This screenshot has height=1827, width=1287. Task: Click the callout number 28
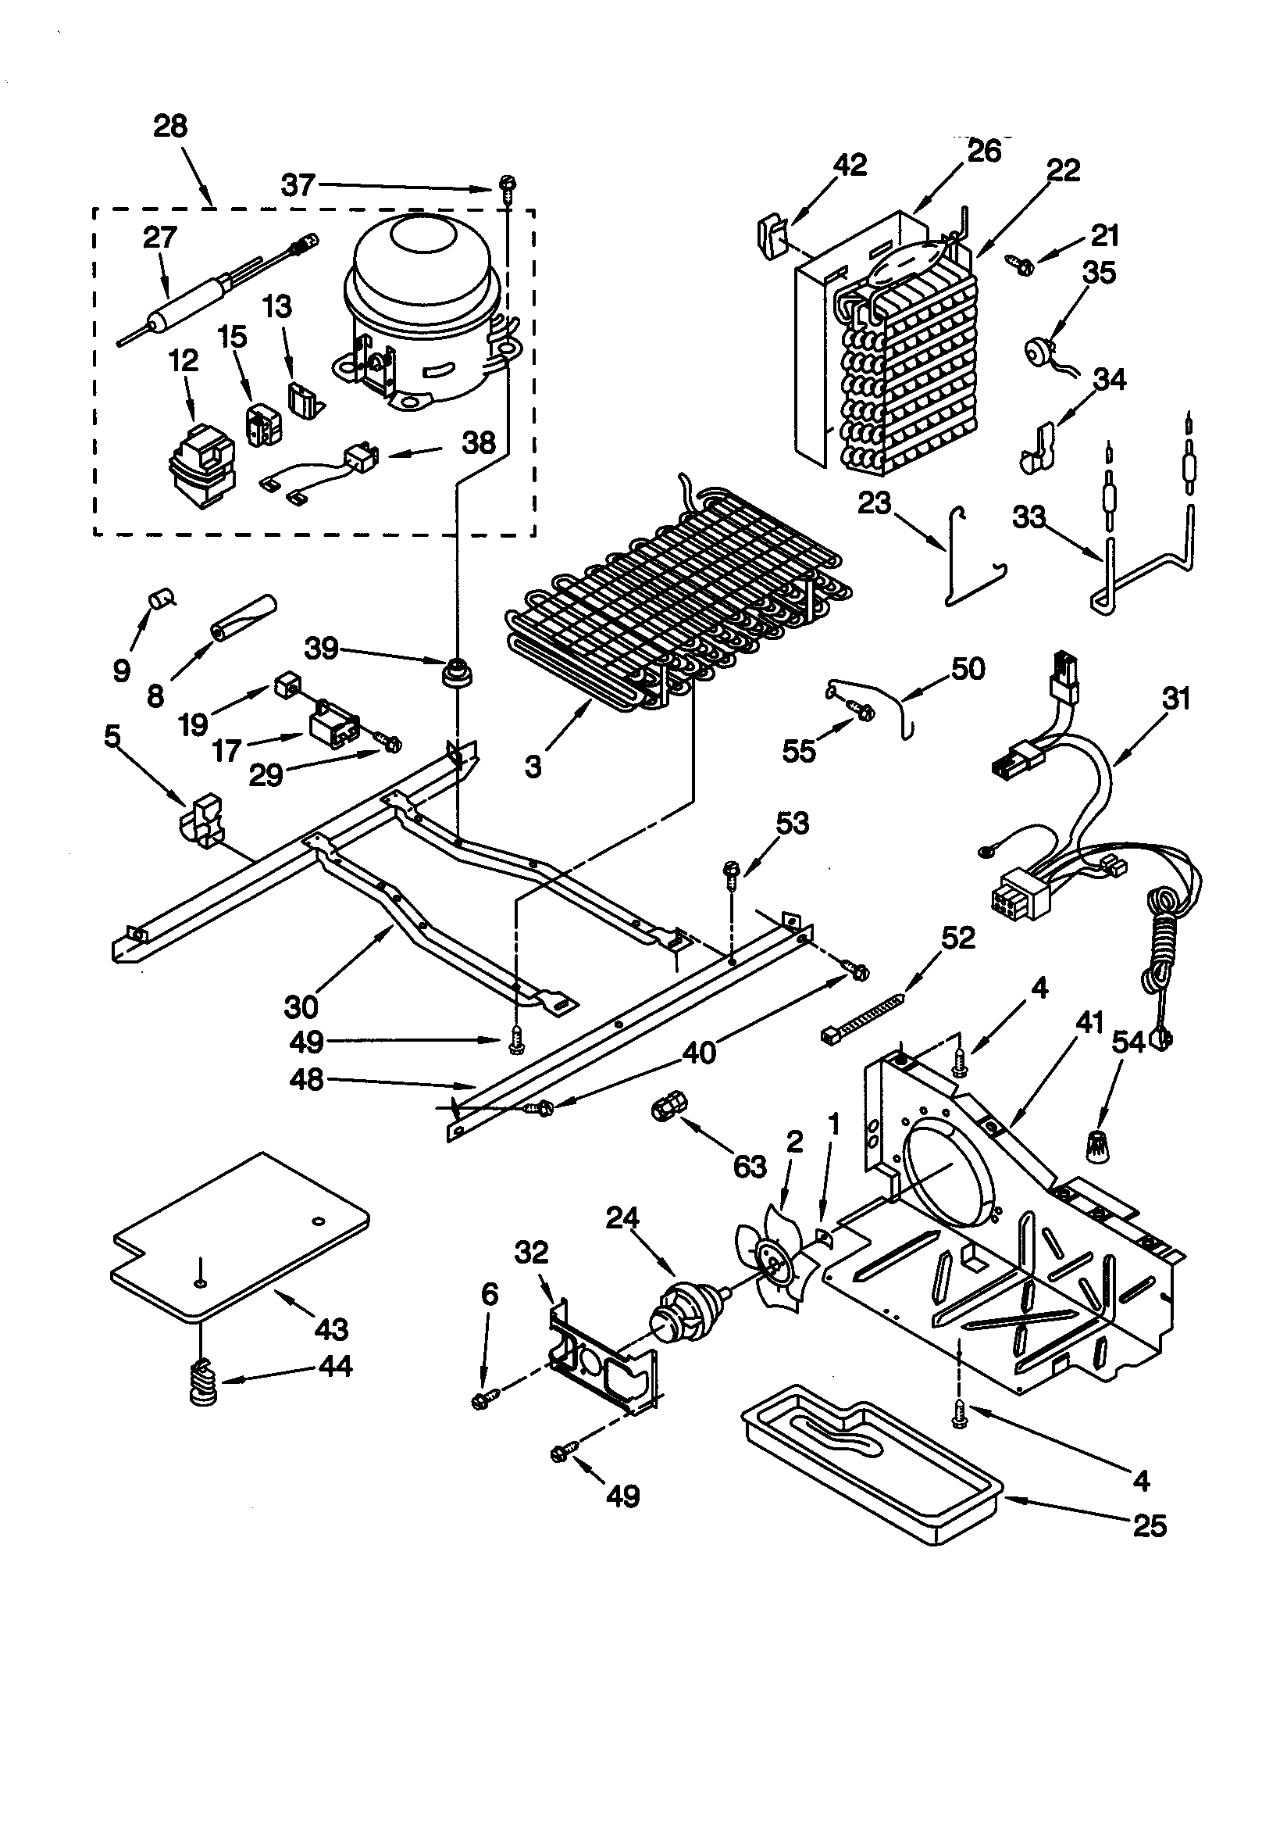pos(170,127)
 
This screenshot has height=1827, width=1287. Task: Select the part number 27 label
pos(159,238)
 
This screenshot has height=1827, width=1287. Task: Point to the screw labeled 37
pos(505,187)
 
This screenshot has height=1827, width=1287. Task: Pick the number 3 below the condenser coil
pos(533,767)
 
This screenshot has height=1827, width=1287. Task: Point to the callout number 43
pos(331,1329)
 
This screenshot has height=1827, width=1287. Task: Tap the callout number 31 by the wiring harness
pos(1176,699)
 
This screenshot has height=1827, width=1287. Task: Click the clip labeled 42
pos(770,233)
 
